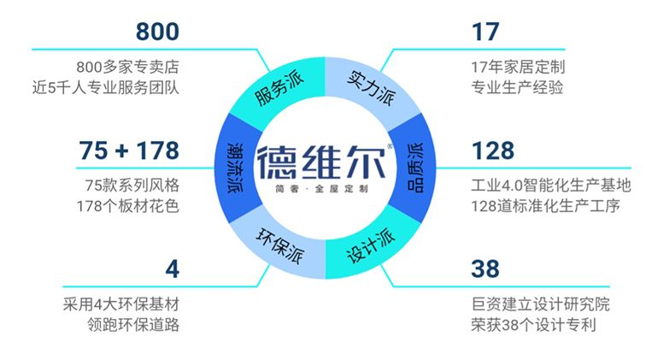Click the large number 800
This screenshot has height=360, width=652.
point(157,32)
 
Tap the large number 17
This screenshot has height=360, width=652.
point(485,32)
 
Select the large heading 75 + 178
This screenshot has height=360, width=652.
point(129,150)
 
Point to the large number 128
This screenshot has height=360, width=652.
point(493,150)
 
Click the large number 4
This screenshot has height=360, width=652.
point(172,269)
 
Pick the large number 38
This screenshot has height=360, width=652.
point(485,269)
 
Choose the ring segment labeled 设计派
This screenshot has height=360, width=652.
point(370,248)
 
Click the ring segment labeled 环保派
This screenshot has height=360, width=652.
point(279,248)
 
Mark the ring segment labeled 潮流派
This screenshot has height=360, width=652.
point(236,168)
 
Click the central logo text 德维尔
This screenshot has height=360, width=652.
point(321,162)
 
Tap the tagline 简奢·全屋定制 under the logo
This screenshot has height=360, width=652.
point(321,189)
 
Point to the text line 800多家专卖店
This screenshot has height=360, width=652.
point(127,67)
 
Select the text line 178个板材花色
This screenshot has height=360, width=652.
point(127,206)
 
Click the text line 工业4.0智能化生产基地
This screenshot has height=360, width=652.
point(551,186)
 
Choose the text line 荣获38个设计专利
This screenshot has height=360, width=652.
point(533,325)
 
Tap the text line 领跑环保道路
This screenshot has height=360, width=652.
point(133,325)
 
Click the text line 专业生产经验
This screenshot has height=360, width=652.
point(517,87)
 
